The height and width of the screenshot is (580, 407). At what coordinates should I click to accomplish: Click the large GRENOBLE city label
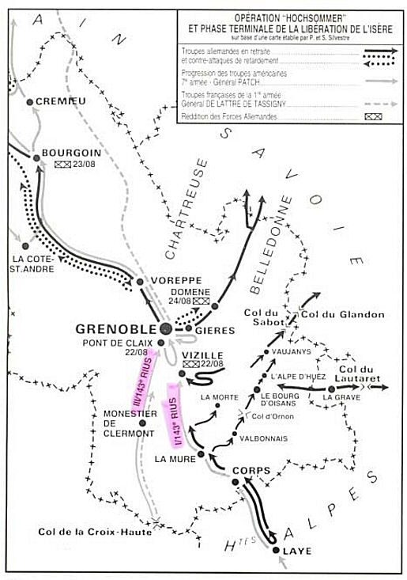point(115,328)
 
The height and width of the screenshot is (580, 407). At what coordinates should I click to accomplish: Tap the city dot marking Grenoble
point(165,328)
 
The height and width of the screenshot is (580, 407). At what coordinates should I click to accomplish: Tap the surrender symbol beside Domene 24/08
point(201,301)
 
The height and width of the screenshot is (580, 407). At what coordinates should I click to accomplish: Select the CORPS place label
point(251,471)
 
